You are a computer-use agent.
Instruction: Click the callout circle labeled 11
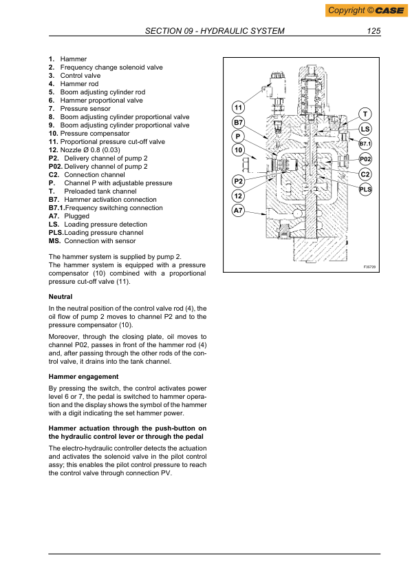(238, 107)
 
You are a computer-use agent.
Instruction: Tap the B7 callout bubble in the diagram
(238, 122)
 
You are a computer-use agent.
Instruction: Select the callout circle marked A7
(238, 211)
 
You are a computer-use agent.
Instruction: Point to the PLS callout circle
(365, 188)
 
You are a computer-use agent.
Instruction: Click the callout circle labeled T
(365, 114)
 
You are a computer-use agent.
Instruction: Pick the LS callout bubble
(365, 128)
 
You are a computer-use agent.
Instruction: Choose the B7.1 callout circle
(365, 144)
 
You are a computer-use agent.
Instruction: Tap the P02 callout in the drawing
(365, 159)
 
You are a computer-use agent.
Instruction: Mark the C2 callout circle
(365, 174)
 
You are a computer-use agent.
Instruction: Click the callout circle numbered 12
(238, 196)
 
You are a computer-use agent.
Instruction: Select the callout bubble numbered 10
(238, 150)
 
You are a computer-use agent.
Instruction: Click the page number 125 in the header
(374, 31)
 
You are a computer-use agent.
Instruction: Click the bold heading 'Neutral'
(61, 296)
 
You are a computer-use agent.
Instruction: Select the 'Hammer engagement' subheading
(84, 377)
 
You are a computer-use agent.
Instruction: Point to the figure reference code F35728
(371, 267)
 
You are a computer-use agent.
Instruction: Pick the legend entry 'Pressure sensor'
(85, 108)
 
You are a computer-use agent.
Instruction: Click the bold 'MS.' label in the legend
(55, 240)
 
